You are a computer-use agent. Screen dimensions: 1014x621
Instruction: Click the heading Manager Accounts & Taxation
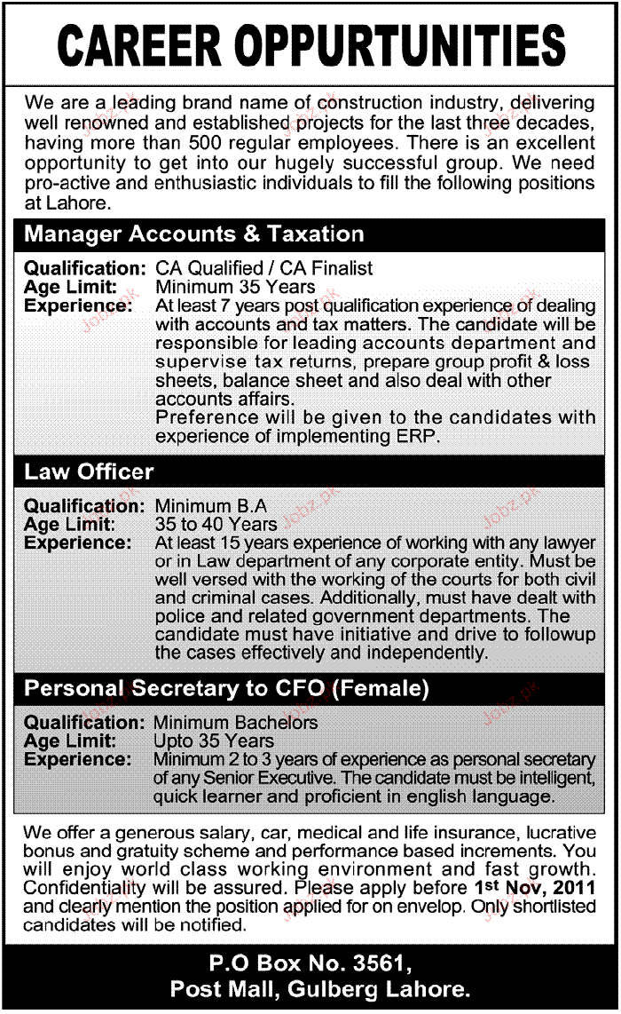tap(194, 234)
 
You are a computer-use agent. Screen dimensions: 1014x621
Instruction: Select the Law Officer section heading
tap(89, 471)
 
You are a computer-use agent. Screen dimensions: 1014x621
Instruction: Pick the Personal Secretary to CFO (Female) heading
tap(226, 688)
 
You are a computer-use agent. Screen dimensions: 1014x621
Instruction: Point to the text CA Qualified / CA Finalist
tap(264, 267)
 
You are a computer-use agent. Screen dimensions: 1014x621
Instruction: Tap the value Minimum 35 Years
tap(235, 286)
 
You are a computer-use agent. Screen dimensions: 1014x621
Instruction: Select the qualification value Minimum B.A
tap(210, 506)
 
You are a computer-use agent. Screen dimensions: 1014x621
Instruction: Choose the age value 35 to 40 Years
tap(216, 524)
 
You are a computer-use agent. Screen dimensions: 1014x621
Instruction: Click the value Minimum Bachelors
tap(235, 723)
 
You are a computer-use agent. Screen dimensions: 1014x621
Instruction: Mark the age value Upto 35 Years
tap(214, 741)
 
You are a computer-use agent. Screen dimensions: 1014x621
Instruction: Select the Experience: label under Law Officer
tap(78, 542)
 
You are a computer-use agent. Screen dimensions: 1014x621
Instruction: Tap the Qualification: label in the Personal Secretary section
tap(84, 723)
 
